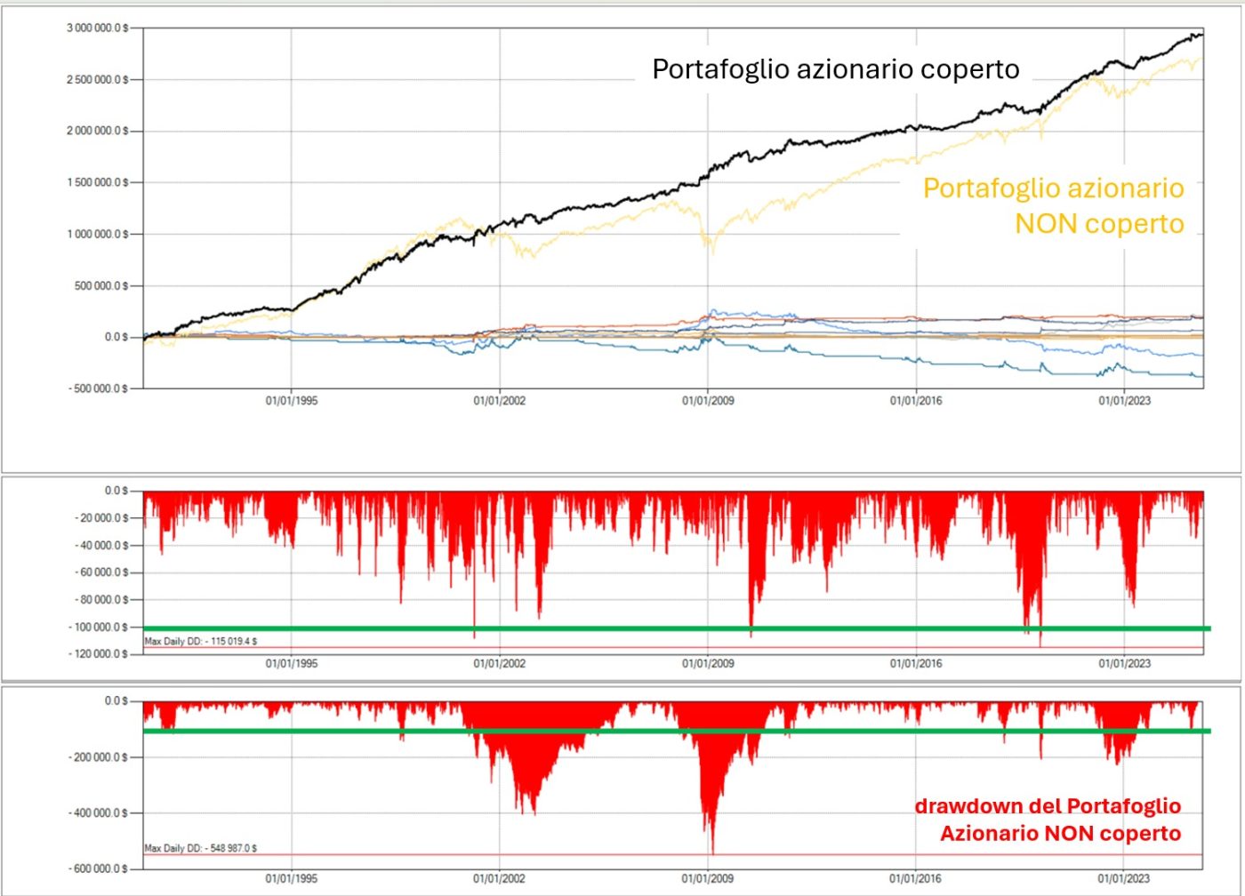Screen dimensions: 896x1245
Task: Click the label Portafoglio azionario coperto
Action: tap(835, 69)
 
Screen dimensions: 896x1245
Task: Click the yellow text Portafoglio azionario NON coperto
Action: tap(1054, 205)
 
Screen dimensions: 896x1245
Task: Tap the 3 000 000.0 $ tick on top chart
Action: tap(97, 28)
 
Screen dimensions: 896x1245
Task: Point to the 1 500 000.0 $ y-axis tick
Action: tap(97, 183)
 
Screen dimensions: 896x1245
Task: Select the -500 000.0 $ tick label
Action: tap(97, 388)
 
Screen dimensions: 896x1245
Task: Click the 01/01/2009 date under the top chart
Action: tap(708, 401)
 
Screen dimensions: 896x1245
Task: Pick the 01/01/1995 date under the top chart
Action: tap(291, 401)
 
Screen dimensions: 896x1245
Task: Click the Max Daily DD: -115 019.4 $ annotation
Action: tap(201, 641)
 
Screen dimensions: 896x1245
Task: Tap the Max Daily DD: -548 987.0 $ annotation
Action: tap(201, 848)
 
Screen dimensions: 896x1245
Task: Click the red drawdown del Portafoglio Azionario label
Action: tap(1048, 820)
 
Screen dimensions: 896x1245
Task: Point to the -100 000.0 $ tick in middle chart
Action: tap(100, 628)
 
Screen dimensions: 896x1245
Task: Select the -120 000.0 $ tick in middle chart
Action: tap(100, 654)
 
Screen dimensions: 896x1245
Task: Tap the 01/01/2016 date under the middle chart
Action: tap(916, 663)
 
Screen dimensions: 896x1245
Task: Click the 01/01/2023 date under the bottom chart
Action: tap(1124, 878)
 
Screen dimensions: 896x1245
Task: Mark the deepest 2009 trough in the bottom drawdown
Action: tap(712, 852)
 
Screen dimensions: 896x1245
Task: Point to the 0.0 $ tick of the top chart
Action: tap(116, 338)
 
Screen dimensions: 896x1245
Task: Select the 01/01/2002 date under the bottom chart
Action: tap(499, 878)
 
